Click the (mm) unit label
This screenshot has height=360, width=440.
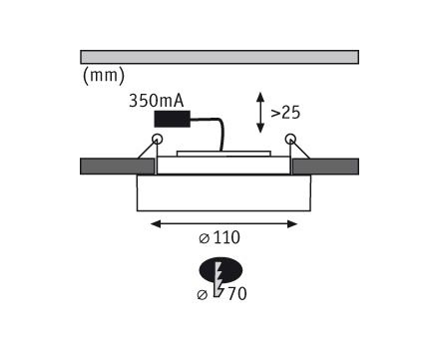[x=104, y=76]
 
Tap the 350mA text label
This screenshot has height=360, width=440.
[x=156, y=101]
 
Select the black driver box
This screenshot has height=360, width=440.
[x=173, y=119]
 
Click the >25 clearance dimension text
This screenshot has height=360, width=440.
[x=285, y=113]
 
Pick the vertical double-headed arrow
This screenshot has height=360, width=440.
[x=260, y=113]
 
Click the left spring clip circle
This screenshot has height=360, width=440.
[x=157, y=139]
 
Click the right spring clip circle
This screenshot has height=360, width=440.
[x=290, y=139]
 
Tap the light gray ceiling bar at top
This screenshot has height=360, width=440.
[x=220, y=57]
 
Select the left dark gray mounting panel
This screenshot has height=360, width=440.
[x=118, y=167]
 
